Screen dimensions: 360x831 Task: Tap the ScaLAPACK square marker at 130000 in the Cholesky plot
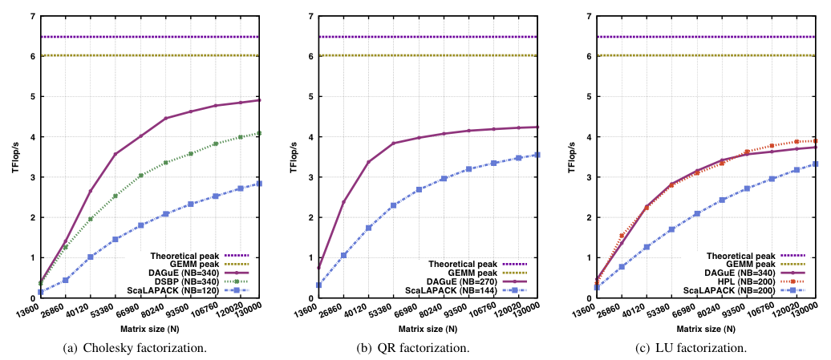[x=260, y=184]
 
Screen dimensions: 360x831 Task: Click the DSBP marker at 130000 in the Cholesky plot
[x=260, y=133]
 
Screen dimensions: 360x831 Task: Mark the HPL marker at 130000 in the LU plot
[x=816, y=140]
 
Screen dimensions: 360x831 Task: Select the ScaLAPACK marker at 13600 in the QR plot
[x=319, y=285]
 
